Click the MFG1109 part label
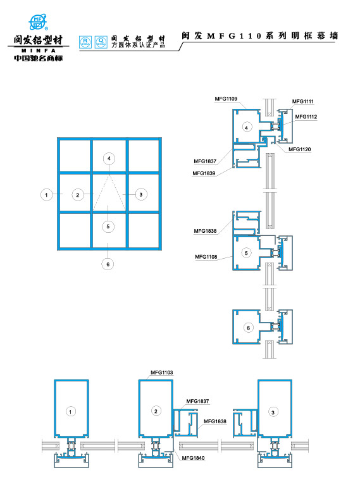(226, 99)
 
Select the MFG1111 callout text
(303, 101)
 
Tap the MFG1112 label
(306, 116)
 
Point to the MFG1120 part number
(299, 149)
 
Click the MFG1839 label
(204, 173)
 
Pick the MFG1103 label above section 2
(161, 373)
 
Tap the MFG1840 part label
(194, 457)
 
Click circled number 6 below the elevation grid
(108, 264)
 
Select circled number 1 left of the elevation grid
(46, 194)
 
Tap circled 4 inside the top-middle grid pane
(109, 158)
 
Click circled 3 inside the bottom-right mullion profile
(273, 412)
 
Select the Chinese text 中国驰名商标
(38, 59)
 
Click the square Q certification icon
(100, 42)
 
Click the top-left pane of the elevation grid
(73, 154)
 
